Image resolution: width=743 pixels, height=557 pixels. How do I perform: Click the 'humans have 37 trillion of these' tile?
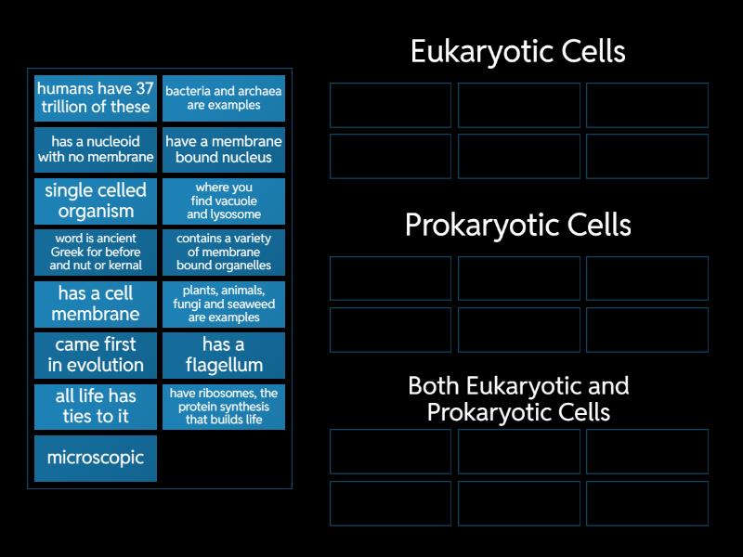(x=96, y=98)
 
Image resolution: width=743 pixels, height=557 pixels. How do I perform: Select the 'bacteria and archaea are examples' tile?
(x=223, y=98)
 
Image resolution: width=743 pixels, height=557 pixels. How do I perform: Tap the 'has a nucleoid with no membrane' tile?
(x=96, y=149)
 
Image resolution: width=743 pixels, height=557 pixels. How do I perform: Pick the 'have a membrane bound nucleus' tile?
(x=223, y=149)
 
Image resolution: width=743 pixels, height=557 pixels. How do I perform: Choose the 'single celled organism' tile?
(x=96, y=201)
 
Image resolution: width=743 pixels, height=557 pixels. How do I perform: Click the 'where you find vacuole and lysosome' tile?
(x=223, y=201)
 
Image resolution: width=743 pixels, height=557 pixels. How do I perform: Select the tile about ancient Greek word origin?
(x=96, y=252)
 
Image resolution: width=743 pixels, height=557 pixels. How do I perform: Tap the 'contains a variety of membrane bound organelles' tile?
(x=223, y=252)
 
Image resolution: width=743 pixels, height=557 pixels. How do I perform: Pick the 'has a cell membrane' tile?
(x=96, y=304)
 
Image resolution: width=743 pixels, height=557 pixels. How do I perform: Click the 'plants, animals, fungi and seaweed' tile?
(x=223, y=304)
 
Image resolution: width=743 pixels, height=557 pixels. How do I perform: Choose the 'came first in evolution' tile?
(x=96, y=355)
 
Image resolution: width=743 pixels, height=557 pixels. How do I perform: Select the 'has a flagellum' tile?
(x=223, y=355)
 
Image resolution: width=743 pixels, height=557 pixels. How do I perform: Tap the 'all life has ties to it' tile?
(x=96, y=406)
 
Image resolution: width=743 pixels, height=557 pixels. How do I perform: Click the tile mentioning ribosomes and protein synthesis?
(x=223, y=406)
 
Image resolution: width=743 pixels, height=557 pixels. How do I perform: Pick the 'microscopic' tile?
(x=96, y=458)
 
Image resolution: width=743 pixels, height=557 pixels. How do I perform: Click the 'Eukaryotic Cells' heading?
(x=518, y=52)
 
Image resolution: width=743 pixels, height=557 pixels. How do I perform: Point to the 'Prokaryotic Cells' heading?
(x=518, y=226)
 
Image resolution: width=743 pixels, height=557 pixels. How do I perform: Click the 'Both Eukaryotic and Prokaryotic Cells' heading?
(x=518, y=398)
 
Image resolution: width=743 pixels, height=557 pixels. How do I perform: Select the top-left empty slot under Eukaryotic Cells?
(x=390, y=105)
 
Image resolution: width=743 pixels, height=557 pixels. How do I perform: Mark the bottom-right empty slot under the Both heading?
(x=647, y=502)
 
